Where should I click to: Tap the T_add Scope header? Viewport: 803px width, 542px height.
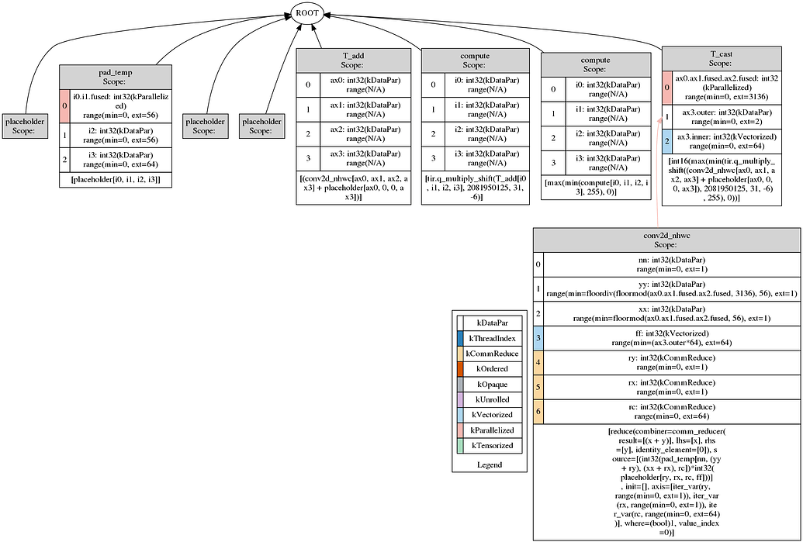coord(353,61)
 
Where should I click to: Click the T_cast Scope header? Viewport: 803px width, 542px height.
coord(722,59)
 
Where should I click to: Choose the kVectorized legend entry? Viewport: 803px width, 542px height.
coord(497,414)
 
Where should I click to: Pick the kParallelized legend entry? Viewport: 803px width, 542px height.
coord(497,430)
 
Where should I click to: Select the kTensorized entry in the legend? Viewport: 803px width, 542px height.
coord(497,445)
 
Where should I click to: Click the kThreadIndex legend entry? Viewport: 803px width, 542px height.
coord(497,338)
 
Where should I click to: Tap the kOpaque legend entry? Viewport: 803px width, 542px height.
coord(497,384)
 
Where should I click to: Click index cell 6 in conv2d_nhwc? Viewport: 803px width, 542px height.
coord(538,412)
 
